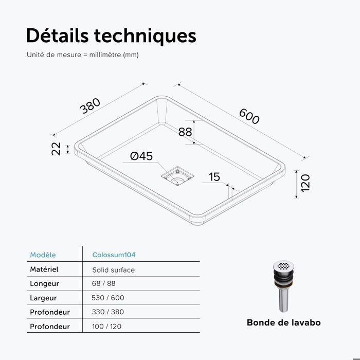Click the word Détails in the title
(x=58, y=35)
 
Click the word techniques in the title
(x=145, y=37)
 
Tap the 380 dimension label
(x=90, y=106)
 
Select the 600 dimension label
(x=249, y=116)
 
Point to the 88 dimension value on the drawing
(x=185, y=132)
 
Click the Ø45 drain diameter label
(x=141, y=156)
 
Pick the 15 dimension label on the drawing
(x=214, y=177)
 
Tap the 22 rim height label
(x=56, y=149)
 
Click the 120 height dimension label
(x=305, y=183)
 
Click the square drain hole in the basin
(x=177, y=176)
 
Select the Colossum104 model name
(x=114, y=255)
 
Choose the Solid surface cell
(x=114, y=270)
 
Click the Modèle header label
(x=43, y=255)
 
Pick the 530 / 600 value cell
(x=108, y=298)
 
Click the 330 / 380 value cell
(x=108, y=312)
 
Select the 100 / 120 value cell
(x=107, y=326)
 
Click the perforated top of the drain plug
(x=284, y=266)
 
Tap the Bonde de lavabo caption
(x=284, y=322)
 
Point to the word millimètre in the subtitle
(x=105, y=55)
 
